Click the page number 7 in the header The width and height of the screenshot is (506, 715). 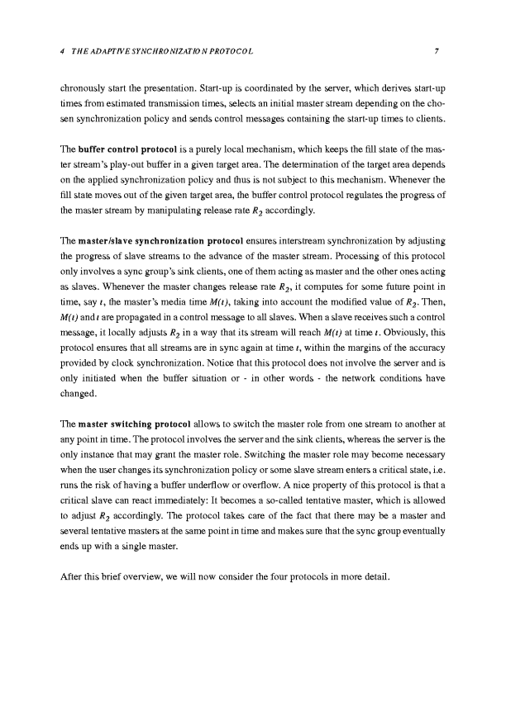click(x=436, y=52)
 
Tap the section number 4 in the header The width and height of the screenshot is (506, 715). click(x=63, y=52)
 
